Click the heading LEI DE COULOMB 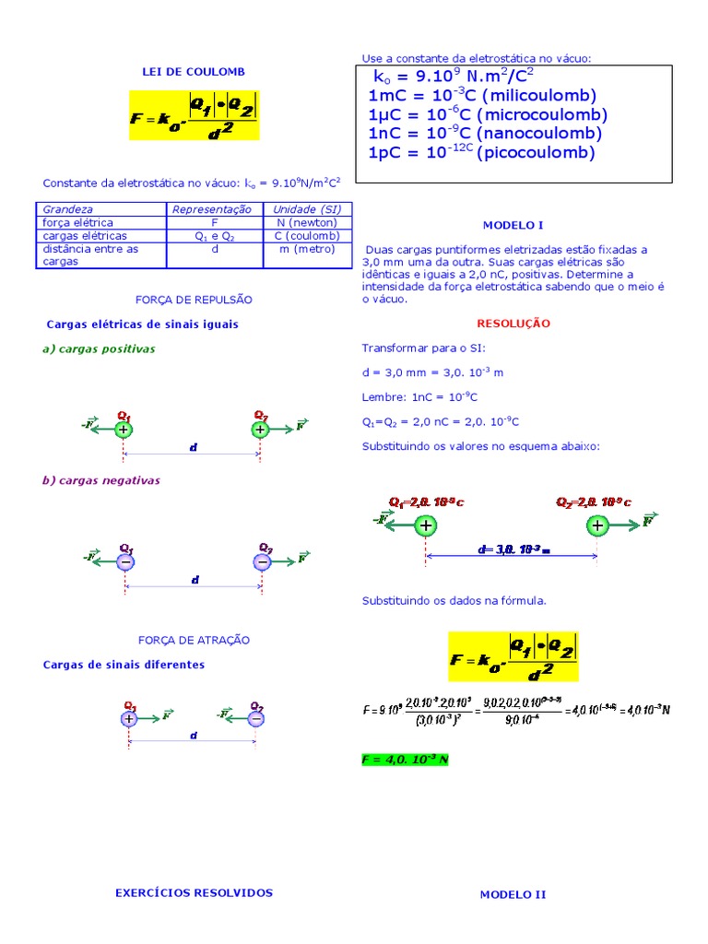(x=194, y=71)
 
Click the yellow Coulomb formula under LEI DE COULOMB (x=195, y=115)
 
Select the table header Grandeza (x=68, y=209)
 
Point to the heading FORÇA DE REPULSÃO (x=194, y=300)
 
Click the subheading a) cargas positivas (x=99, y=348)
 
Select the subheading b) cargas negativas (x=100, y=480)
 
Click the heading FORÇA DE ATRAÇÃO (x=194, y=640)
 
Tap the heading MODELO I (x=513, y=225)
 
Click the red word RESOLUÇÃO (x=513, y=324)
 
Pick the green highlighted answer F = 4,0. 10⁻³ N (x=406, y=760)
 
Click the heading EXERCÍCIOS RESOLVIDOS (x=194, y=892)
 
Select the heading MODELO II (x=513, y=894)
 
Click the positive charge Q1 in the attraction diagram (x=129, y=718)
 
